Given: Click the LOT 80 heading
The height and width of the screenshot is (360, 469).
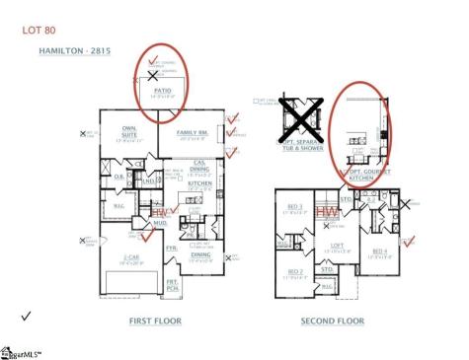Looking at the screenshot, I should [x=39, y=31].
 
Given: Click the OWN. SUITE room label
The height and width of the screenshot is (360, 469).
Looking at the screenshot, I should [x=128, y=130].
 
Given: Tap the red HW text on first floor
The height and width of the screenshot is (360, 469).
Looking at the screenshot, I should [x=159, y=211].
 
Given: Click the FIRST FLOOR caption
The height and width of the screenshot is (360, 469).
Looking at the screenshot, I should [x=156, y=321].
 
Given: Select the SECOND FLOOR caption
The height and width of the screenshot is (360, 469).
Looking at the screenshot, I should [x=331, y=321].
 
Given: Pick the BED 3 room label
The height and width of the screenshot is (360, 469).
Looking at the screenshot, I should [x=294, y=208].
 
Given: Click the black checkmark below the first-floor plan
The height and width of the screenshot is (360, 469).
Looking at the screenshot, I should [x=25, y=315].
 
